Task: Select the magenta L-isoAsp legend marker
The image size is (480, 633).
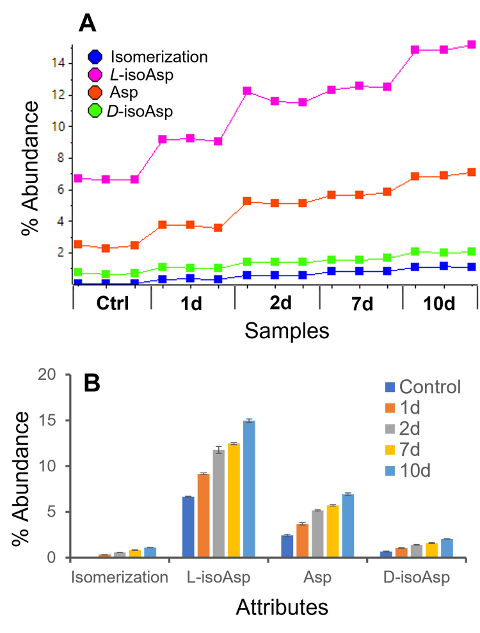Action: point(96,75)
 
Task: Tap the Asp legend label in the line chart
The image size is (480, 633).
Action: point(124,93)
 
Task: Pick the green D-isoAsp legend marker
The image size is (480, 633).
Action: point(96,111)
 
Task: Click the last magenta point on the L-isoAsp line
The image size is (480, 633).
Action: point(472,45)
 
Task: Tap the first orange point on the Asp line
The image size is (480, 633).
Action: point(78,244)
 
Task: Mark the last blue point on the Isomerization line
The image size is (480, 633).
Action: point(472,267)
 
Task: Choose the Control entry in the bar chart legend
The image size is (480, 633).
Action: point(429,387)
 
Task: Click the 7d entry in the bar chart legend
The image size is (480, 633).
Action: point(410,449)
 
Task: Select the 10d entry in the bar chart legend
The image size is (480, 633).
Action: point(414,471)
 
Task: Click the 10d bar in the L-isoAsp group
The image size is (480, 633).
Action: point(249,488)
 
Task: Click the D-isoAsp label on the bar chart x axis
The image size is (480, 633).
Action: point(417,578)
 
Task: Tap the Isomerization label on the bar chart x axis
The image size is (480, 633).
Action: point(120,578)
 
